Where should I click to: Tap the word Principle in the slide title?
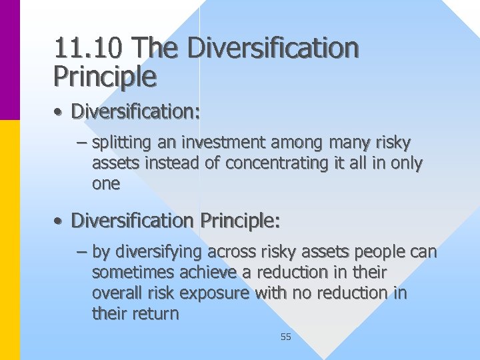105,77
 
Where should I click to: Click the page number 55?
286,337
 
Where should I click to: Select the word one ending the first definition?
106,184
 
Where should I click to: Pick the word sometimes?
131,273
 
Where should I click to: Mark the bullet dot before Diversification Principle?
59,220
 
